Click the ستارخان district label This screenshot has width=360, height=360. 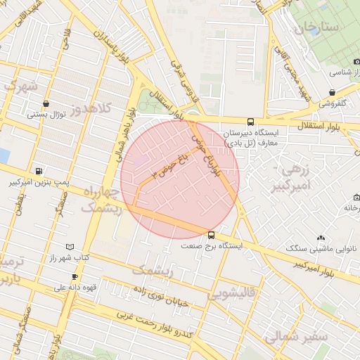(316, 27)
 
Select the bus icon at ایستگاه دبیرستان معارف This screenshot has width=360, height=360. (251, 121)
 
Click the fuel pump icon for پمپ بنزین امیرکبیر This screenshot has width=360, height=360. (37, 171)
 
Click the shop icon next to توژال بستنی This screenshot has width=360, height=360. (46, 103)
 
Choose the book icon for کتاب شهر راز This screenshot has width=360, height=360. (69, 246)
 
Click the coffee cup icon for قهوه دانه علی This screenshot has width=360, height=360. (75, 276)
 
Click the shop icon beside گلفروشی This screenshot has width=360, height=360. (331, 91)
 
